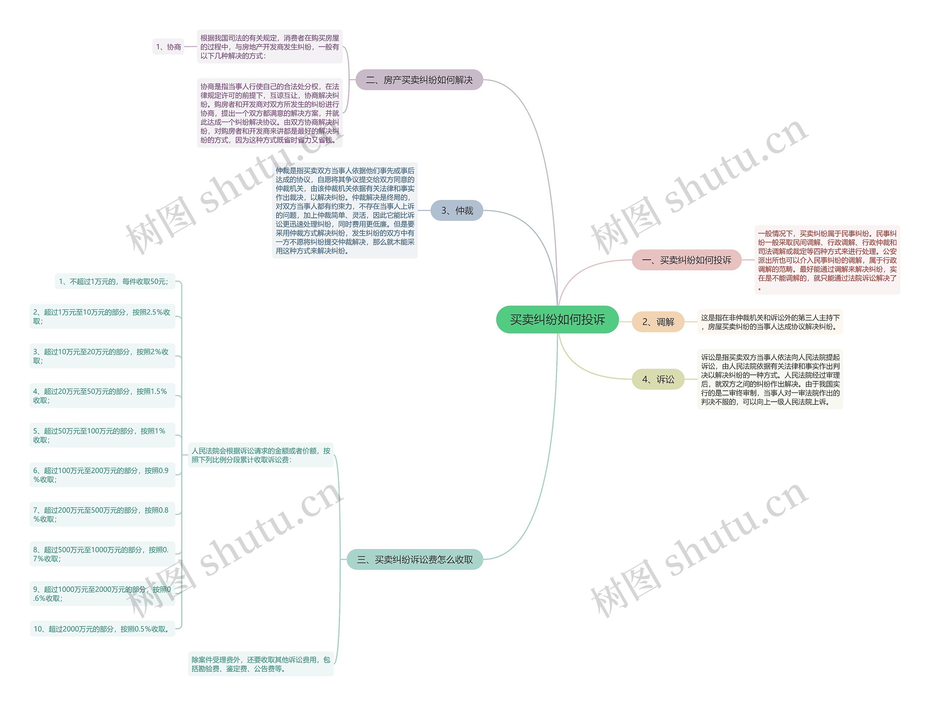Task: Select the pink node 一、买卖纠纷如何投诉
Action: [x=686, y=260]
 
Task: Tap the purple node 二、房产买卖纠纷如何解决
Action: [x=419, y=80]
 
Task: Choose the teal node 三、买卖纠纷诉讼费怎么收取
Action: [x=415, y=559]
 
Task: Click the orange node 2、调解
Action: [x=658, y=322]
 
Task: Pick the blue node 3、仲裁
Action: [x=457, y=211]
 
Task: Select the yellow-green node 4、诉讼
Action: [x=658, y=380]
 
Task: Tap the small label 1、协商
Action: [x=168, y=46]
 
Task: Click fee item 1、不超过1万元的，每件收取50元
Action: [x=114, y=281]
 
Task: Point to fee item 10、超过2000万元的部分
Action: [x=102, y=629]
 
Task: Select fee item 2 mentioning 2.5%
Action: [x=102, y=316]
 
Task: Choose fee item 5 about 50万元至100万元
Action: [x=102, y=435]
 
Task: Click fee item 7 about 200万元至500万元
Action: [x=102, y=514]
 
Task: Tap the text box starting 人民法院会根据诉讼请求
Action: [x=261, y=455]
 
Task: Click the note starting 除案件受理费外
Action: [x=261, y=664]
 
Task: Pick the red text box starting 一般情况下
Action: [x=826, y=260]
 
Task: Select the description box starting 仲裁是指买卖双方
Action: [x=345, y=211]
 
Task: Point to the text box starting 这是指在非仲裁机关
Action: [x=770, y=322]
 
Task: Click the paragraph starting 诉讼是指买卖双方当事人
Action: [x=770, y=380]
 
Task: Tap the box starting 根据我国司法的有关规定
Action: [x=270, y=46]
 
